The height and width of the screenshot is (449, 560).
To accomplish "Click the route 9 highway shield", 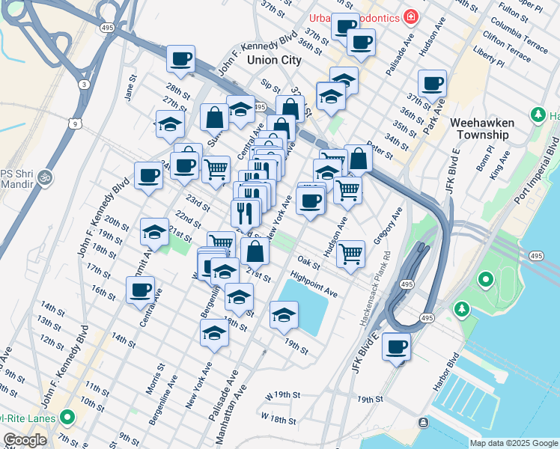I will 72,123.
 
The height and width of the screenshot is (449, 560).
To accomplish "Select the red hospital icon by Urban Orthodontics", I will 410,16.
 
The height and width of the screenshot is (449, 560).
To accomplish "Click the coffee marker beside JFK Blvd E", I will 396,347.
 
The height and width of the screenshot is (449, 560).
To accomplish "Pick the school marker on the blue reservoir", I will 284,317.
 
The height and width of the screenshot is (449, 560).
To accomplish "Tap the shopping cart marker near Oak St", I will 350,254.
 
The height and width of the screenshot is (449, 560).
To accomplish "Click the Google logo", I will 25,441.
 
